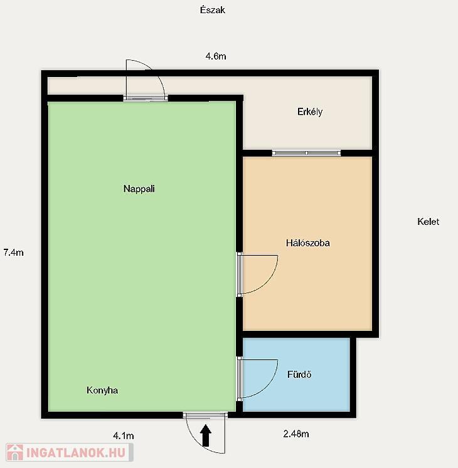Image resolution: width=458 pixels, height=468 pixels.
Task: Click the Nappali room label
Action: (x=139, y=189)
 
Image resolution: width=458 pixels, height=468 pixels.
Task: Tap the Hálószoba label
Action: (x=308, y=243)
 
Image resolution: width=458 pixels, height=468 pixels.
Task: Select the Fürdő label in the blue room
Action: (x=299, y=374)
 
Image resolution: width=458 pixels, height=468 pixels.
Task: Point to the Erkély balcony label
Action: (x=310, y=112)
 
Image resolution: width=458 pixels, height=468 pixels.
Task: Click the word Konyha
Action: (x=102, y=390)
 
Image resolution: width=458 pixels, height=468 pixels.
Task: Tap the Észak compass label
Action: (x=213, y=10)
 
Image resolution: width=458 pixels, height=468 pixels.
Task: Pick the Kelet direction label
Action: (x=429, y=221)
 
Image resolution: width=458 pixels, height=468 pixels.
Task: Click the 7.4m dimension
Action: (x=13, y=252)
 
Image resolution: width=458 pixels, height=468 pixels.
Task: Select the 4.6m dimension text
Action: (x=216, y=56)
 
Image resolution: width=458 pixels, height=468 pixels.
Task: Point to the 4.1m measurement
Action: (x=124, y=436)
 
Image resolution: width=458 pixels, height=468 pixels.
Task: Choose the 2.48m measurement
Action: (x=296, y=434)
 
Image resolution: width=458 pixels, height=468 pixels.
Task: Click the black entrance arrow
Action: (x=206, y=435)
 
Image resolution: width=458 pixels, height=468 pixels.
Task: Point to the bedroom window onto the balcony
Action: (x=306, y=153)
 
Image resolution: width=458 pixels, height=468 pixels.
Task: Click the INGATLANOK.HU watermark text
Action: (x=76, y=453)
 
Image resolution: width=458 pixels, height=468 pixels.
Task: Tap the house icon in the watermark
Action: (x=15, y=452)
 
